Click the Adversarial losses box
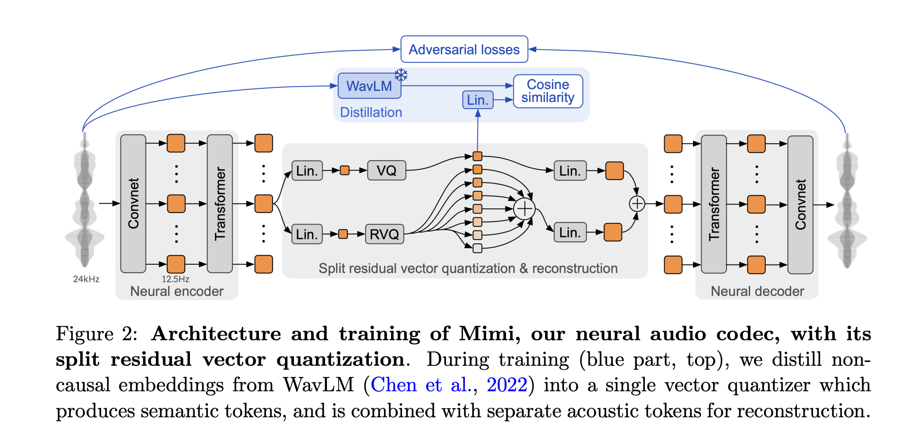coord(464,49)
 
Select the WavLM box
coord(369,86)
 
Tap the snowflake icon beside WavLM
coord(401,75)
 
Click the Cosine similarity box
coord(548,91)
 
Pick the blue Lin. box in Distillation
coord(477,100)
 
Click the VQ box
coord(386,171)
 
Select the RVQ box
coord(384,234)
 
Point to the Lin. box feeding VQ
coord(307,171)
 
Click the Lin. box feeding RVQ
coord(307,234)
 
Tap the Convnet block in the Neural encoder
coord(133,204)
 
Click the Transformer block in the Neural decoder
coord(713,204)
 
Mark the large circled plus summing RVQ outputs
coord(524,208)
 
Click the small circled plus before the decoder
coord(637,204)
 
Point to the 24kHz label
coord(86,279)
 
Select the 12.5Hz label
coord(175,279)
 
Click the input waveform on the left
coord(85,203)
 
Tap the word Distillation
coord(371,112)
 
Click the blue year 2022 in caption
coord(506,385)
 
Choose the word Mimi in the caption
coord(486,334)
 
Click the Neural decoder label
coord(757,291)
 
